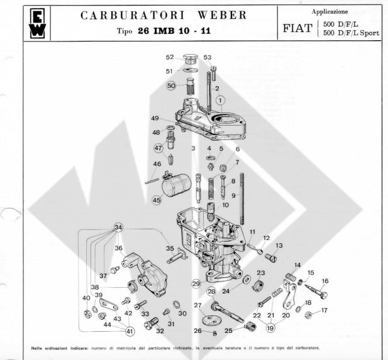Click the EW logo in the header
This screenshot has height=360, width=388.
click(x=37, y=23)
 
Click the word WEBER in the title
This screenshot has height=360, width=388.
click(x=222, y=15)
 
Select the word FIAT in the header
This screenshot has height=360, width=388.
click(x=297, y=28)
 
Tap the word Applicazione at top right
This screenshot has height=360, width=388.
click(x=330, y=11)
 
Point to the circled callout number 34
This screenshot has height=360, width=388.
click(x=118, y=227)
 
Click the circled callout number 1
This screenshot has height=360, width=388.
click(x=221, y=101)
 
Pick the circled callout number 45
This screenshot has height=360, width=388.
click(x=157, y=200)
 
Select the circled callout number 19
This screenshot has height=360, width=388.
click(x=270, y=328)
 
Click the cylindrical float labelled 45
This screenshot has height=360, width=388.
click(x=176, y=185)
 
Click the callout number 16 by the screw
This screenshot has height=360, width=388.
click(x=325, y=281)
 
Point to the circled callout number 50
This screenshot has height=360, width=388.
click(x=171, y=86)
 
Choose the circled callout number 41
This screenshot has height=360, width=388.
click(x=130, y=332)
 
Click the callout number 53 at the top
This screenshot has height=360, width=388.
click(x=208, y=57)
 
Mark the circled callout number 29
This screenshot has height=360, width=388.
click(x=196, y=283)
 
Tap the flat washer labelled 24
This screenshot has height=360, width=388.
click(x=247, y=279)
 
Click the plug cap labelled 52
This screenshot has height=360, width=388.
click(x=190, y=60)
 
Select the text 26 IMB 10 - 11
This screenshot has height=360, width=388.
click(x=174, y=31)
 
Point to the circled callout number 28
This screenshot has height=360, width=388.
click(x=211, y=292)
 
